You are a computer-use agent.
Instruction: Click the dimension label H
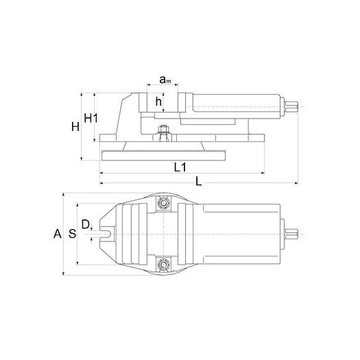(75, 126)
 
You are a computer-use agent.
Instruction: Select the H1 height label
(91, 118)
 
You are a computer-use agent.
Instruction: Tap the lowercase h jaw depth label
(158, 101)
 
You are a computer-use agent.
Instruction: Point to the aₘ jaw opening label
(165, 80)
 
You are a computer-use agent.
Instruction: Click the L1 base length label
(180, 167)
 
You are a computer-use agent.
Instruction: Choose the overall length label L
(199, 182)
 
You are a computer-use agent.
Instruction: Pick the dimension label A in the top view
(58, 234)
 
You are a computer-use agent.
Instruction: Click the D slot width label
(85, 224)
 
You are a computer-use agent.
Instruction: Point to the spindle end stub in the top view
(293, 233)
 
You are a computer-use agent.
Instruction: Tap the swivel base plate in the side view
(165, 154)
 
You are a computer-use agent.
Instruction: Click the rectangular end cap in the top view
(282, 233)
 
